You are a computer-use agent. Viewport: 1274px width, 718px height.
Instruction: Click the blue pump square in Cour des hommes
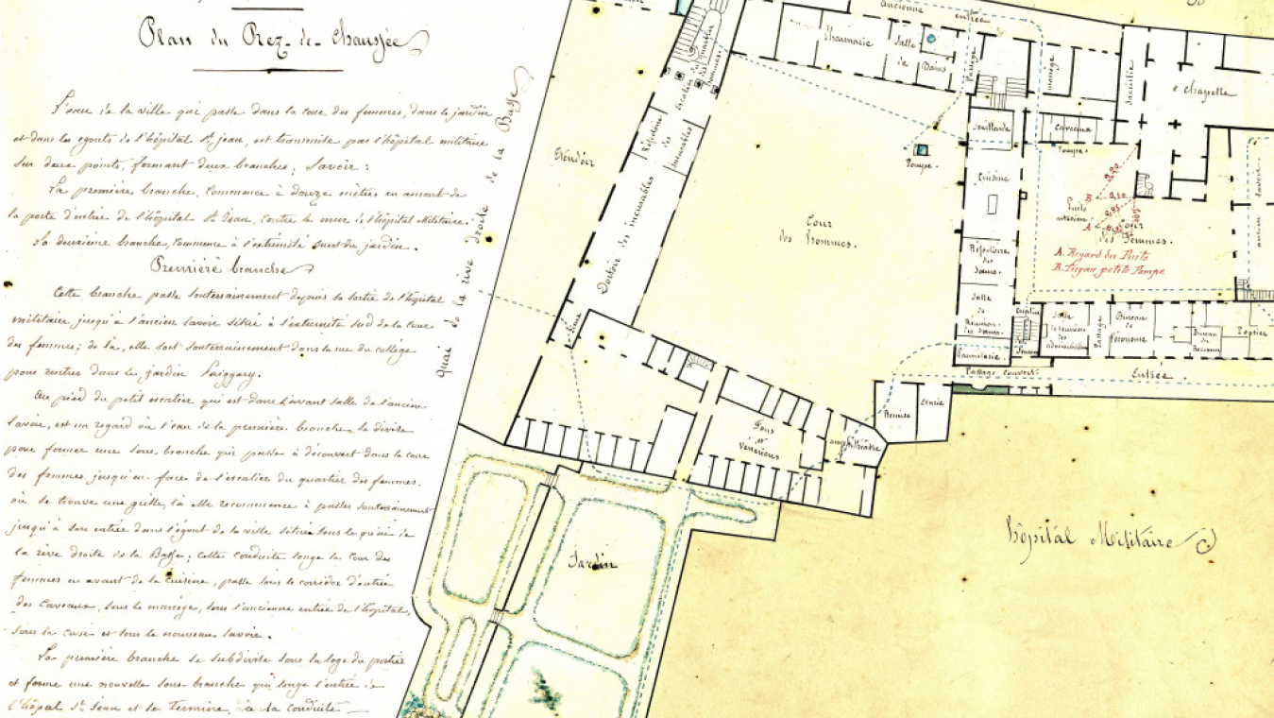(921, 148)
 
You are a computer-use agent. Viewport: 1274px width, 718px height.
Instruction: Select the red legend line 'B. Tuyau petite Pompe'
(1107, 269)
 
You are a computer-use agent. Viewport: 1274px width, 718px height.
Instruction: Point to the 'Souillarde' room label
(991, 127)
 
